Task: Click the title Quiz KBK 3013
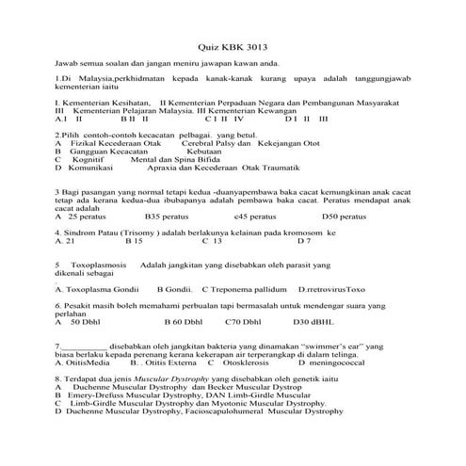point(233,45)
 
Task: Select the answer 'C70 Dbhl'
point(249,322)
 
